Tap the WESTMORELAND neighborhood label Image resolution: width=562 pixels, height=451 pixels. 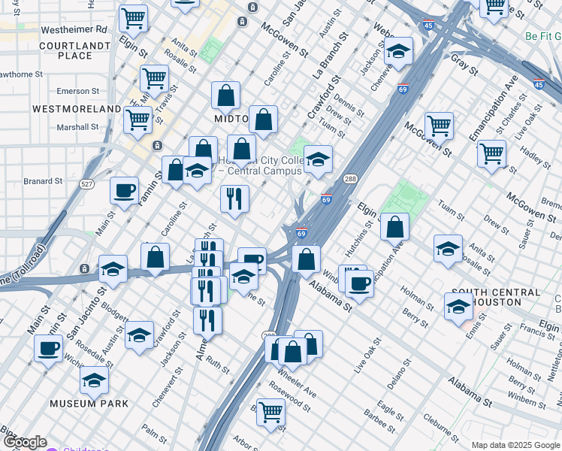tap(77, 109)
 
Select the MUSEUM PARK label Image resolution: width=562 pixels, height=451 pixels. tap(89, 404)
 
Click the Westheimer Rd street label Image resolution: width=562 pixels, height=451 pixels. tap(74, 29)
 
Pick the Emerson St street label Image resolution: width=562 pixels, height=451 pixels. tap(78, 91)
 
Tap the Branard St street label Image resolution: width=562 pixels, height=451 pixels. tap(42, 181)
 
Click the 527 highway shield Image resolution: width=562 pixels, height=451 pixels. tap(88, 184)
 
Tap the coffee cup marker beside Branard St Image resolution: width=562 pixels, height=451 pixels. tap(125, 190)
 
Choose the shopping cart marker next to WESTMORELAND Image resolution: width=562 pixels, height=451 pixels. tap(138, 120)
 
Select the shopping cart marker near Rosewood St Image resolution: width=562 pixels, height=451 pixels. tap(271, 411)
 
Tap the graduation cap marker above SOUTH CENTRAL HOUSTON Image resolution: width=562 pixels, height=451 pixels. tap(458, 305)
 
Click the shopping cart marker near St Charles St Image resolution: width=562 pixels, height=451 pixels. tap(491, 153)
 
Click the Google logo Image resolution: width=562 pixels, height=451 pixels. tap(25, 443)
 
